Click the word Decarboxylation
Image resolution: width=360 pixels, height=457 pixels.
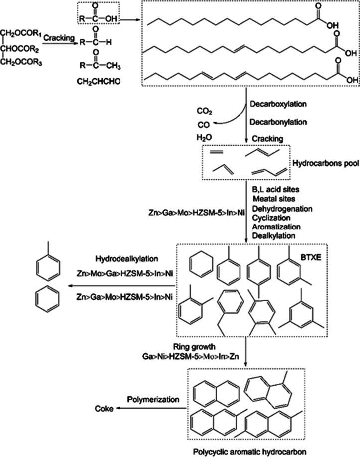click(x=280, y=105)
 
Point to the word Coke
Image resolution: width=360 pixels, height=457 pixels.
click(x=104, y=408)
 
